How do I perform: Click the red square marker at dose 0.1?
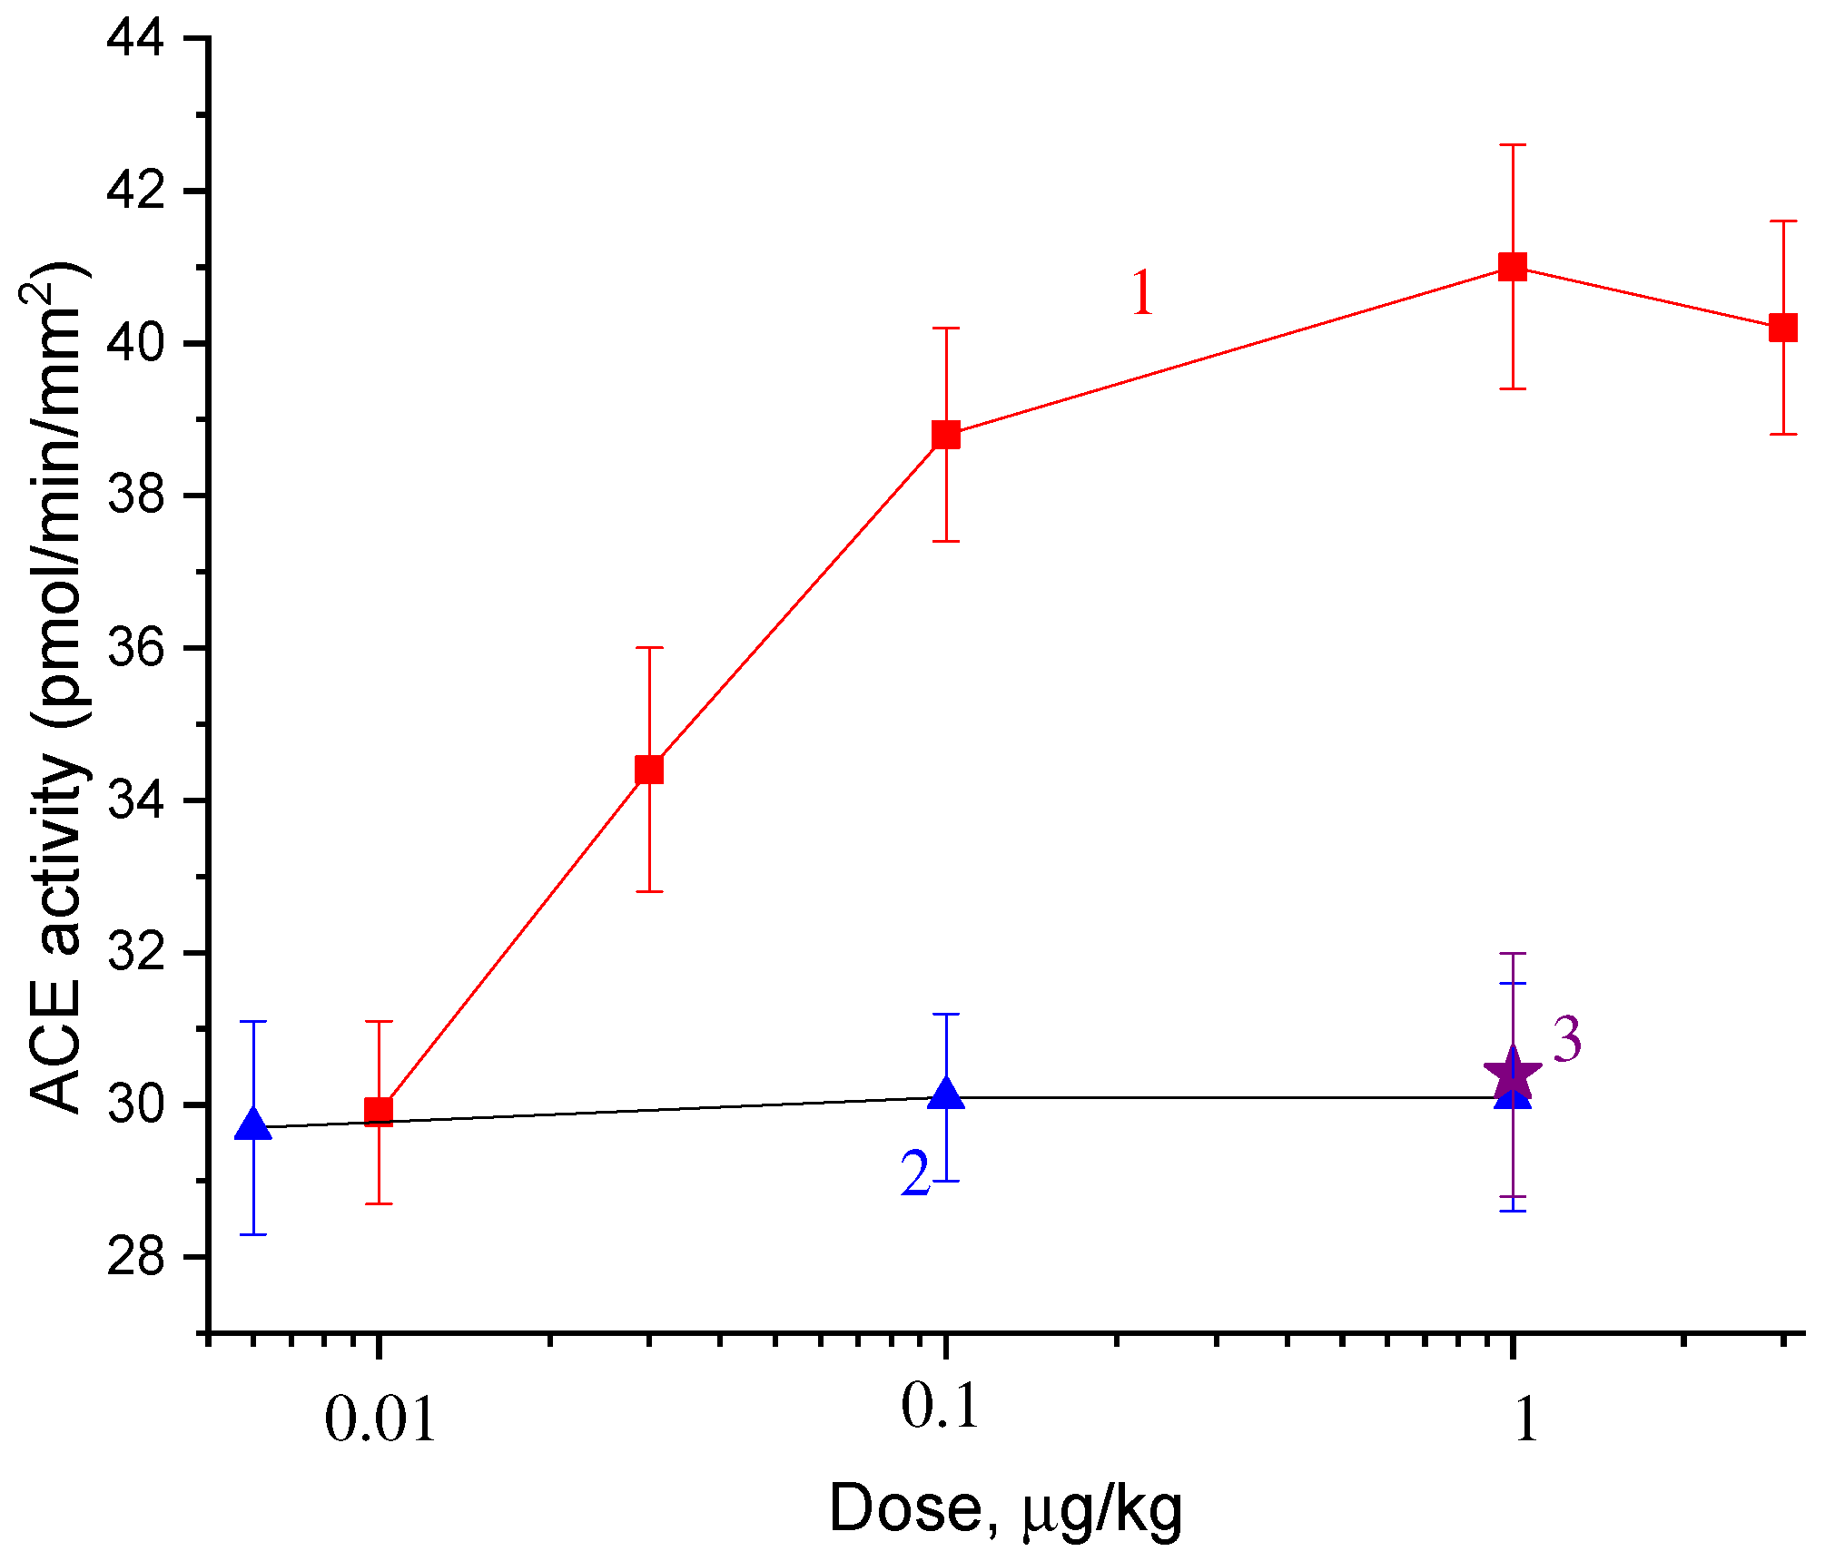(x=946, y=435)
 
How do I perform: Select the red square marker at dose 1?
(x=1513, y=267)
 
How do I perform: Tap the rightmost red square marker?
(x=1783, y=328)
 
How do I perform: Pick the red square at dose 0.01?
(x=379, y=1112)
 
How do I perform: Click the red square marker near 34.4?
(x=649, y=770)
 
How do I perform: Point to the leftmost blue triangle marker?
(x=253, y=1124)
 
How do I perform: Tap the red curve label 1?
(x=1142, y=292)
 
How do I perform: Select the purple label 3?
(x=1567, y=1040)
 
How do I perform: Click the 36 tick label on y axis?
(x=136, y=648)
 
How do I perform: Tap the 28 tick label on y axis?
(x=136, y=1258)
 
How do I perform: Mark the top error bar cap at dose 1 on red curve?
(x=1513, y=145)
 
